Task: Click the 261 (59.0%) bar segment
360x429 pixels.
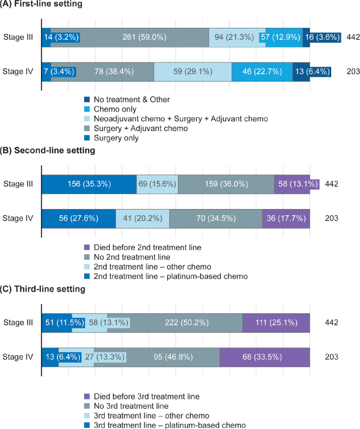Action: [x=129, y=38]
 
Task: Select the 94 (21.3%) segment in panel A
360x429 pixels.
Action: [x=237, y=38]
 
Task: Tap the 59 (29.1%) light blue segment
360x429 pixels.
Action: [x=193, y=72]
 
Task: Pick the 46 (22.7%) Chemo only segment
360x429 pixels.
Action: [x=262, y=72]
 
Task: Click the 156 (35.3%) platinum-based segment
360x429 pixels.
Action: [x=89, y=184]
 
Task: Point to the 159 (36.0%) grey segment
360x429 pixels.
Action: [x=226, y=184]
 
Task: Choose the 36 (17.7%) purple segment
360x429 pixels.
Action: [x=286, y=218]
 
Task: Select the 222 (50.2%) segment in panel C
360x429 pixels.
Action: [x=175, y=323]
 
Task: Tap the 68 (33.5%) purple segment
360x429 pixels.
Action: [x=265, y=357]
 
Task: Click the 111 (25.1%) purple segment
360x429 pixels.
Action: [x=276, y=323]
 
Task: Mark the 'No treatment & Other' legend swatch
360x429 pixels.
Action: [x=87, y=99]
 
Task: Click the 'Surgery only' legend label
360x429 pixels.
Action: [x=116, y=138]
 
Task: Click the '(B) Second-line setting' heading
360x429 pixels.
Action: [x=47, y=150]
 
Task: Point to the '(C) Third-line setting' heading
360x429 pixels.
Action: [x=43, y=289]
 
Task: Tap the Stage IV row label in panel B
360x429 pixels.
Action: [x=18, y=218]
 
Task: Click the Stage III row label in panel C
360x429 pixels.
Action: [x=18, y=323]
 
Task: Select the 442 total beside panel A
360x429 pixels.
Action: [x=353, y=37]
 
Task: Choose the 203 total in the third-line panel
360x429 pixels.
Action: [x=332, y=357]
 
